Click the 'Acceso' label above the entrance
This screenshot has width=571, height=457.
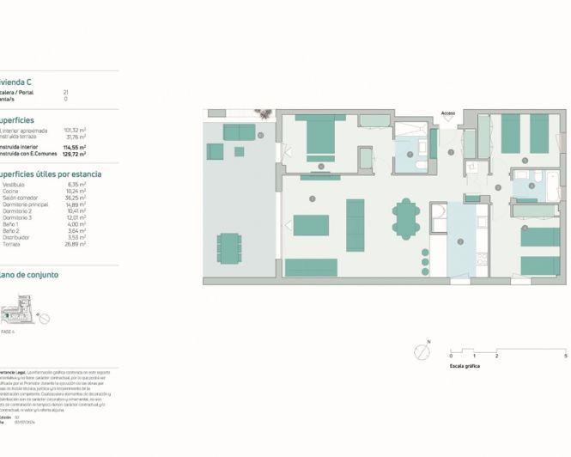(x=448, y=113)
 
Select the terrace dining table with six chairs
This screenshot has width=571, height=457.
(x=229, y=248)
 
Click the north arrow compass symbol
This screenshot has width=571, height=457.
(x=420, y=350)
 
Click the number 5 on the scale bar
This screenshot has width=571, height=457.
(x=565, y=355)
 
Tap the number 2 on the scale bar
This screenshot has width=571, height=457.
(x=497, y=355)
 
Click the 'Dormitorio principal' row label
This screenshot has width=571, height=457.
(x=26, y=205)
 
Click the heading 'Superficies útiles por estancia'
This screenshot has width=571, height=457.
(x=52, y=174)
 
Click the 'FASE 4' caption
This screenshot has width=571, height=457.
(x=9, y=332)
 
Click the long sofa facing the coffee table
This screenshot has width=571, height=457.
(x=355, y=225)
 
